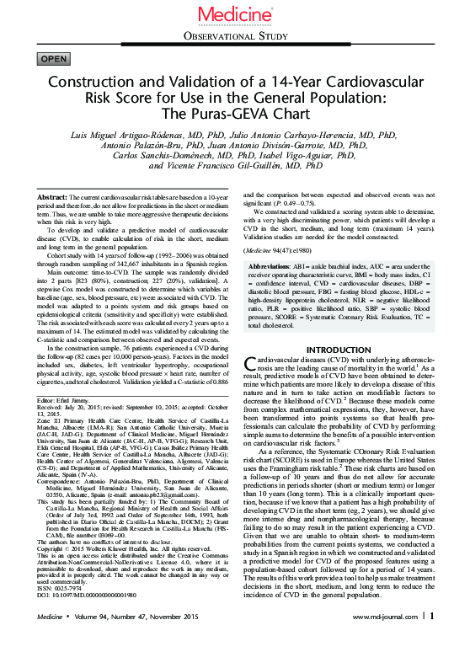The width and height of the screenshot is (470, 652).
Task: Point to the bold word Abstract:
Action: tap(54, 196)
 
